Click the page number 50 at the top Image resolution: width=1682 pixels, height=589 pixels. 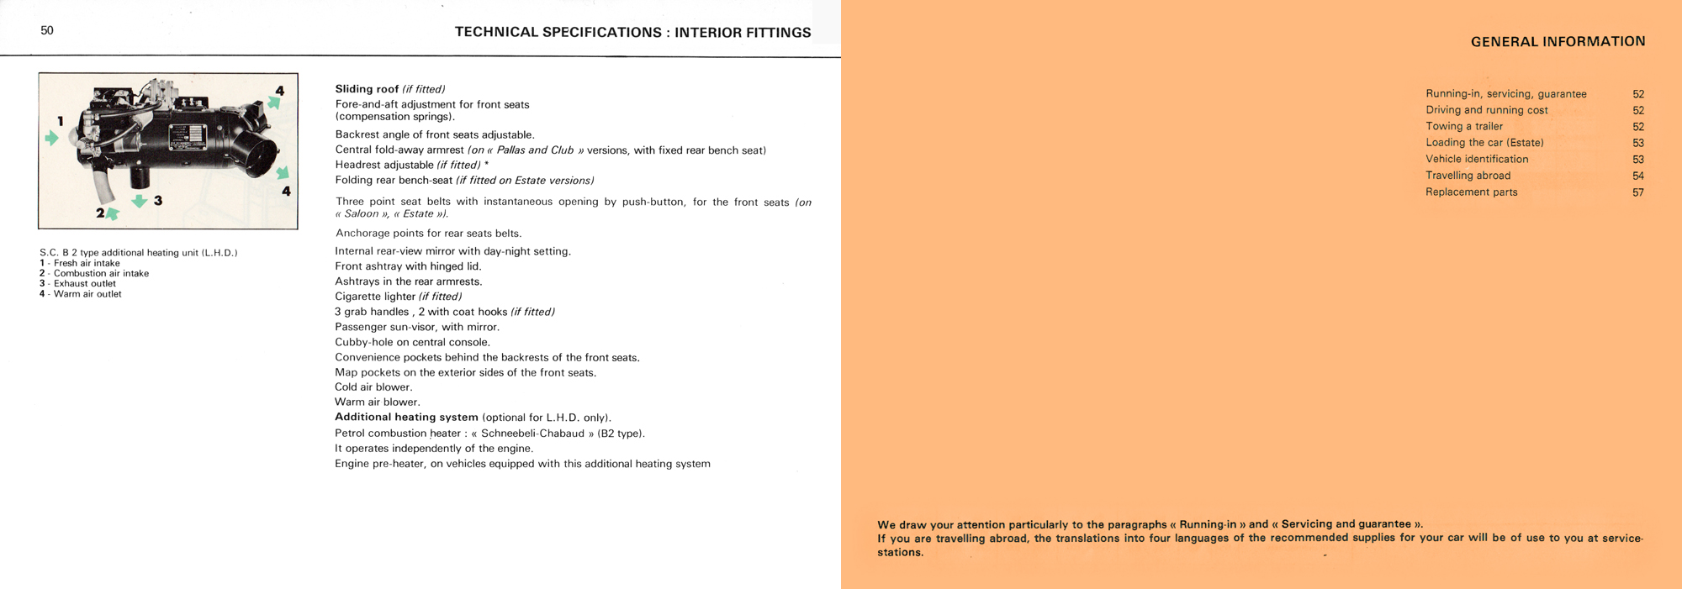point(47,30)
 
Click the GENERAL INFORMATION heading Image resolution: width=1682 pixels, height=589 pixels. point(1558,41)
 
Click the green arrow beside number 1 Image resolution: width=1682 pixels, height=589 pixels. point(52,138)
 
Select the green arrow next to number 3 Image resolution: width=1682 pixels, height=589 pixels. point(140,201)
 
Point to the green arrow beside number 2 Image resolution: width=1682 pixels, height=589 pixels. point(112,214)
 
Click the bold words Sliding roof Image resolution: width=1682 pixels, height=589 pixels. point(367,89)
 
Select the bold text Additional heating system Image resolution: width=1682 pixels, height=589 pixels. point(406,418)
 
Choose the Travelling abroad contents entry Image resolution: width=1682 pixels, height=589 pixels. point(1468,176)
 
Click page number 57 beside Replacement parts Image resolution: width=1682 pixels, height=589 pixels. point(1637,192)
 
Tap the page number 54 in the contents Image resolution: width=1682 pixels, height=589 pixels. point(1637,176)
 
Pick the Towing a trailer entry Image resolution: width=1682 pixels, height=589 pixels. point(1464,127)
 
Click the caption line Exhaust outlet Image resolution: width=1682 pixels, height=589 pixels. point(84,284)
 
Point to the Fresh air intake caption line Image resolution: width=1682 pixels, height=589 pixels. point(87,263)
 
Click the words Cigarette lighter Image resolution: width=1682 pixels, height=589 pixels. point(375,297)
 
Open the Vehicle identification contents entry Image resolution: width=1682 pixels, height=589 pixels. point(1477,160)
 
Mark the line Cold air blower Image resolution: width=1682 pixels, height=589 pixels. point(373,387)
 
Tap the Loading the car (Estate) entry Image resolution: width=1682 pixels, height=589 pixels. point(1484,143)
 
